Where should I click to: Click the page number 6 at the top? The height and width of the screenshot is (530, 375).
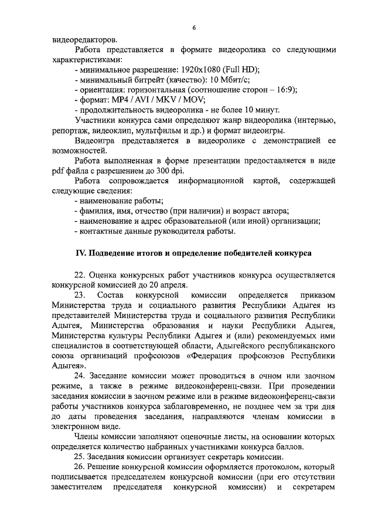coord(193,28)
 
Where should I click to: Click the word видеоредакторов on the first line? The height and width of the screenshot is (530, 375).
coord(84,40)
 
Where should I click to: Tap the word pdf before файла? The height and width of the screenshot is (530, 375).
coord(59,170)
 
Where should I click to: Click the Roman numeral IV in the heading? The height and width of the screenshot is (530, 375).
coord(83,253)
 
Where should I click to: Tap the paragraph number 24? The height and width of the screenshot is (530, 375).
coord(81,375)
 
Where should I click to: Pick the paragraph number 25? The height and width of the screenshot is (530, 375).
coord(81,456)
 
